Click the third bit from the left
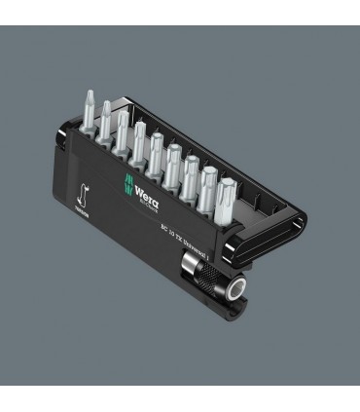tap(122, 130)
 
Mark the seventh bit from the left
tap(191, 167)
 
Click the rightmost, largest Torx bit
tap(228, 188)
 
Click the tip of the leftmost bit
tap(87, 94)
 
